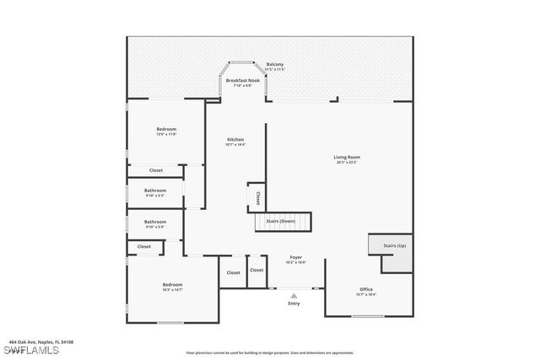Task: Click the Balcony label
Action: (275, 64)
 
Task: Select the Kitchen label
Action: (235, 139)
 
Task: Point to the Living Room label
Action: (347, 157)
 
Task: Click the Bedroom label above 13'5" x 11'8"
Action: (166, 129)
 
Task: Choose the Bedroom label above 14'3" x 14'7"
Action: (172, 285)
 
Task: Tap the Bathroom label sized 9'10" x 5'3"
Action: (155, 191)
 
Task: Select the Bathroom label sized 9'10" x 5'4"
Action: (155, 222)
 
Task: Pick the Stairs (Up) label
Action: (395, 245)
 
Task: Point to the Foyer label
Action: (295, 257)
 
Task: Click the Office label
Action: (366, 289)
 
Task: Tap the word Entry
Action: (294, 304)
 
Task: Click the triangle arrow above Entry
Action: (294, 295)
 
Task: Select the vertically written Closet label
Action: (257, 197)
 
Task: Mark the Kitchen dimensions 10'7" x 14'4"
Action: (235, 145)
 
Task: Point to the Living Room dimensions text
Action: (347, 163)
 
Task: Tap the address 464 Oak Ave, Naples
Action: (41, 341)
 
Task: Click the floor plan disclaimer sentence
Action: (270, 353)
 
